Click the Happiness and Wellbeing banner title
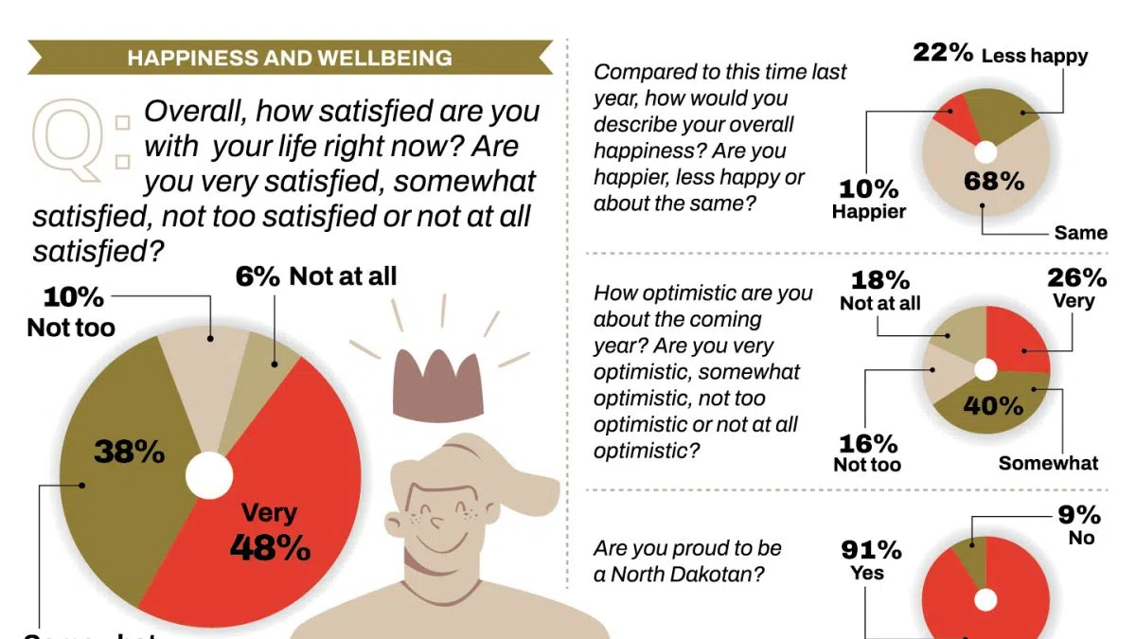coord(290,58)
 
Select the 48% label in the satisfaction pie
coord(270,546)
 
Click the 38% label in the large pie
coord(130,452)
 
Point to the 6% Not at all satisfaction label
coord(316,276)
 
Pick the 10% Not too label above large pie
coord(72,311)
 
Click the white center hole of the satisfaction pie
coord(208,476)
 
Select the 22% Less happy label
coord(1000,54)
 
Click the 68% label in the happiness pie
coord(994,182)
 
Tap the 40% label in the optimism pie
coord(993,406)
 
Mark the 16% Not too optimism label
coord(867,453)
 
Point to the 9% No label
coord(1080,525)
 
